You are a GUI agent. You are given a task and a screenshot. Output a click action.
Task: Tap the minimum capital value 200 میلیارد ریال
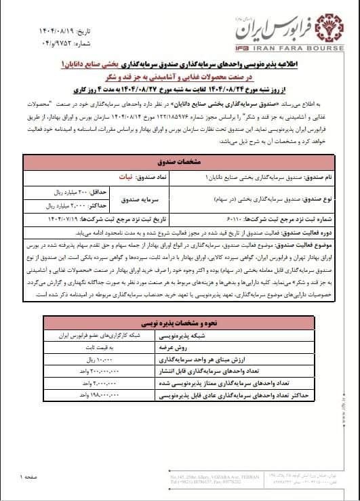click(x=67, y=193)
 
